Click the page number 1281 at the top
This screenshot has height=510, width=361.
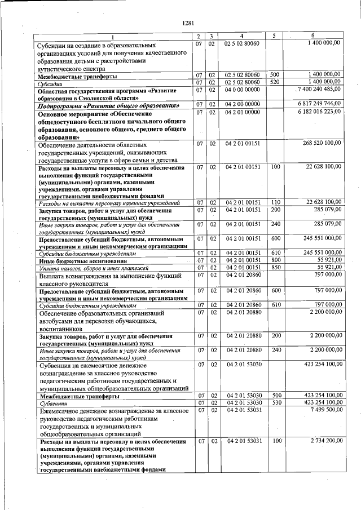point(188,23)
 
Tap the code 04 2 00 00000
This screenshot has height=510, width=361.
point(241,104)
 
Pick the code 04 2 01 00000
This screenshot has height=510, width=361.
point(241,113)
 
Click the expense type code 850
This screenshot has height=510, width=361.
point(275,268)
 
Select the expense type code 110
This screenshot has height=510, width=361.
point(275,202)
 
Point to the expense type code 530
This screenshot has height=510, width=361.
point(275,403)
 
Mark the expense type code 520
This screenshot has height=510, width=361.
point(275,82)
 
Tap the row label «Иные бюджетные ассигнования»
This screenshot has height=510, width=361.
point(74,261)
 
